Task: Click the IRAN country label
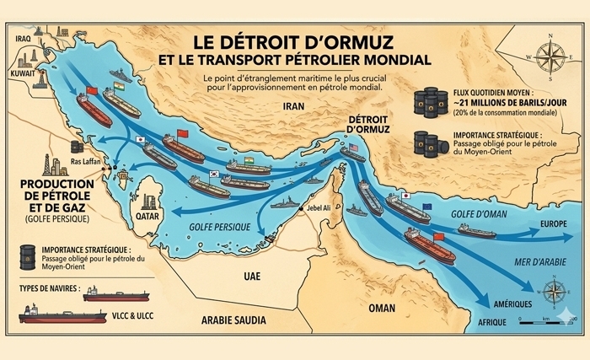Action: coord(292,107)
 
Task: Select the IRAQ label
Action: coord(23,38)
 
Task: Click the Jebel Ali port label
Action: coord(308,210)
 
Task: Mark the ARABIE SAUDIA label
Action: coord(233,320)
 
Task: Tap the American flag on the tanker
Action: coord(353,148)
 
